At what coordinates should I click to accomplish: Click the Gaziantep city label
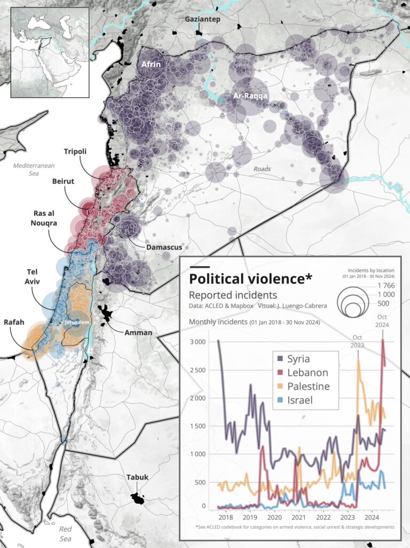coord(202,19)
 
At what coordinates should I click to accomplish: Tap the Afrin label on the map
coord(152,64)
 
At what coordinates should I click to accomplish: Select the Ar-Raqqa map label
coord(250,96)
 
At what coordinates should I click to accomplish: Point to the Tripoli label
coord(75,152)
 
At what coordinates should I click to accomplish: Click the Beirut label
coord(63,182)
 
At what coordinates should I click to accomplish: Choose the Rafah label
coord(14,323)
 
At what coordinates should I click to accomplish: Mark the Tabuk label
coord(137,477)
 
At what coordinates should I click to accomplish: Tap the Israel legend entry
coord(296,400)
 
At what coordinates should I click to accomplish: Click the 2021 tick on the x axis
coord(299,518)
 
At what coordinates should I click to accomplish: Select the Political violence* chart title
coord(250,279)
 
